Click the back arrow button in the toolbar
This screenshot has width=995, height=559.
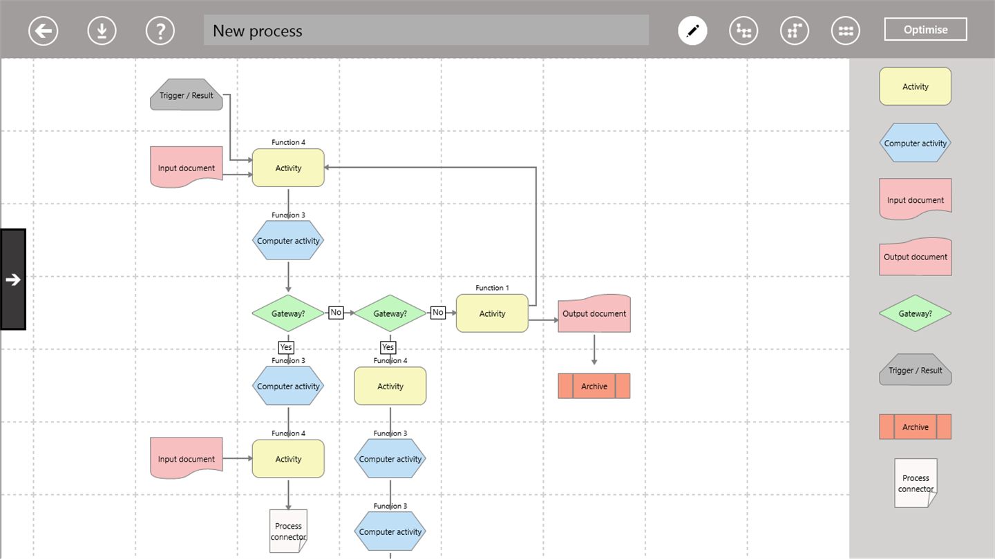pyautogui.click(x=43, y=31)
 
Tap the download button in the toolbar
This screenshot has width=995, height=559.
pyautogui.click(x=102, y=31)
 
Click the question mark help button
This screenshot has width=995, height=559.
pyautogui.click(x=160, y=31)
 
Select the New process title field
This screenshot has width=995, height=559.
pyautogui.click(x=426, y=30)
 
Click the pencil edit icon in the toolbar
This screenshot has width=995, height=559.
pyautogui.click(x=692, y=31)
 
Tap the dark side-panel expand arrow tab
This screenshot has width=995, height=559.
pyautogui.click(x=13, y=279)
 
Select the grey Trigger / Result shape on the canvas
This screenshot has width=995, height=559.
pyautogui.click(x=187, y=95)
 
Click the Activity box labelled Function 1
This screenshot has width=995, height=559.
pyautogui.click(x=492, y=313)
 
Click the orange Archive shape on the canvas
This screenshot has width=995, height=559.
pyautogui.click(x=594, y=386)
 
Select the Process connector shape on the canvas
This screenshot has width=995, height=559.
pyautogui.click(x=288, y=531)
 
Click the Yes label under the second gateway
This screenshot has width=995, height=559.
pyautogui.click(x=388, y=347)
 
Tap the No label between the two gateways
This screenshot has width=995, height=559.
pyautogui.click(x=336, y=313)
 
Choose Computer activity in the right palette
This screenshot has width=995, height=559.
pyautogui.click(x=916, y=144)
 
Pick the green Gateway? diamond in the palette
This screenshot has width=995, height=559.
pyautogui.click(x=916, y=313)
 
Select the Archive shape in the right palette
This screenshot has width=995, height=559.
pyautogui.click(x=916, y=427)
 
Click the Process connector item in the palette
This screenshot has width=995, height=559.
pyautogui.click(x=916, y=483)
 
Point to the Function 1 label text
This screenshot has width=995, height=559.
pyautogui.click(x=492, y=288)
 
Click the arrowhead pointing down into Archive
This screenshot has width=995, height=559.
pyautogui.click(x=594, y=362)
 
